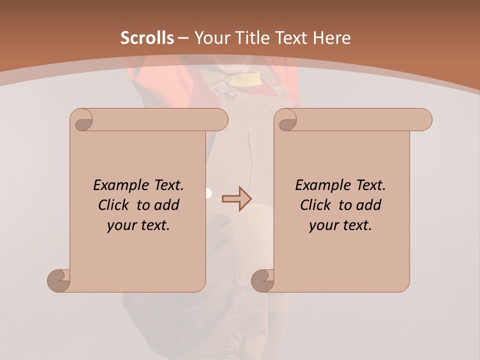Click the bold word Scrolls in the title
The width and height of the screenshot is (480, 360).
tap(147, 38)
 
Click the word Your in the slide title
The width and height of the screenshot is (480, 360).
tap(211, 38)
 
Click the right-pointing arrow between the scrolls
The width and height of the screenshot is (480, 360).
tap(237, 198)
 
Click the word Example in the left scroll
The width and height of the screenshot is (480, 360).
tap(120, 185)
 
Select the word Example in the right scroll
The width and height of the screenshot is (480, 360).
tap(322, 185)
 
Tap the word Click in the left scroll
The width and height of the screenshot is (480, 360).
tap(115, 205)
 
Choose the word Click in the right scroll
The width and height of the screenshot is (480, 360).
tap(317, 205)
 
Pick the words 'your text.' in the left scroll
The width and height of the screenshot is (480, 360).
tap(138, 225)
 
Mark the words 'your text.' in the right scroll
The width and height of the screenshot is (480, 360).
tap(340, 225)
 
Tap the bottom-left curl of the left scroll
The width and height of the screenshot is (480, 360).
tap(59, 280)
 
